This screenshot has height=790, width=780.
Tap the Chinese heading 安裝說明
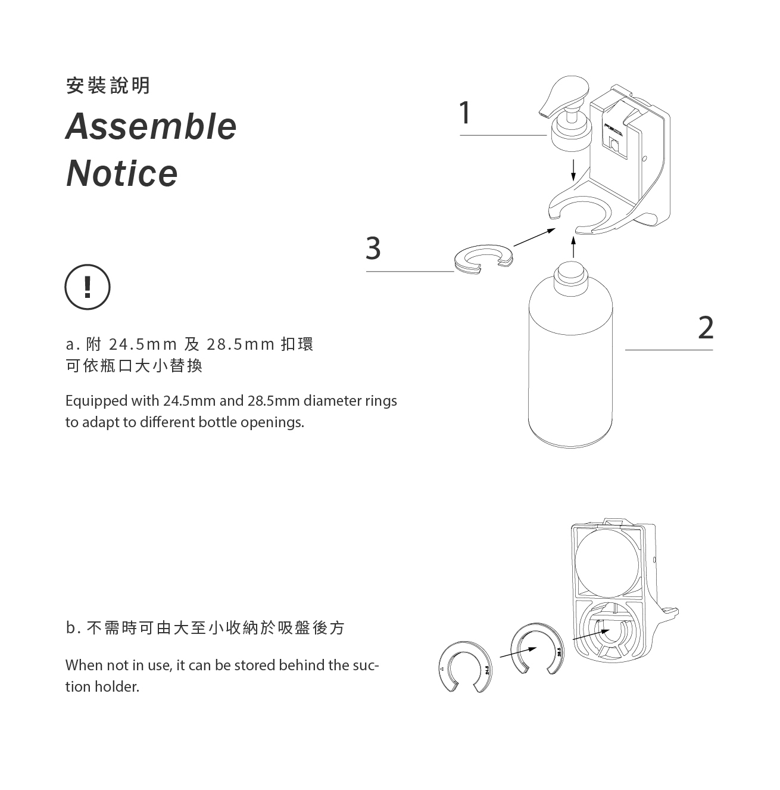pyautogui.click(x=108, y=85)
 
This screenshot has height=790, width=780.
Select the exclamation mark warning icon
pyautogui.click(x=88, y=287)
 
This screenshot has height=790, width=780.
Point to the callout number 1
pyautogui.click(x=464, y=113)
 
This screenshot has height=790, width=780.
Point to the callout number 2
pyautogui.click(x=706, y=328)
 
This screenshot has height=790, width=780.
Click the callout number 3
pyautogui.click(x=373, y=248)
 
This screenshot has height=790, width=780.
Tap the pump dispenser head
pyautogui.click(x=566, y=113)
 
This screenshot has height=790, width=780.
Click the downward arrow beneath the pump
pyautogui.click(x=573, y=170)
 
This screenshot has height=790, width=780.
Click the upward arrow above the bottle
pyautogui.click(x=573, y=247)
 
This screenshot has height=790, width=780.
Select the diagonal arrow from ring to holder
pyautogui.click(x=535, y=237)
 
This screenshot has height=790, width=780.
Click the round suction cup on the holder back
pyautogui.click(x=607, y=562)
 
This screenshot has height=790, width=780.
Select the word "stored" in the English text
pyautogui.click(x=254, y=665)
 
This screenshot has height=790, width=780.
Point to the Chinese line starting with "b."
pyautogui.click(x=205, y=628)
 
